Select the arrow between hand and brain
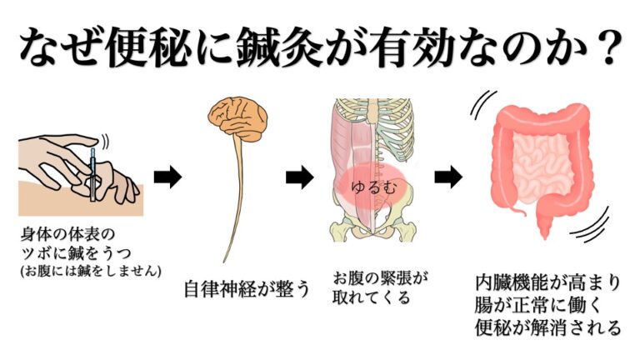click(168, 177)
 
